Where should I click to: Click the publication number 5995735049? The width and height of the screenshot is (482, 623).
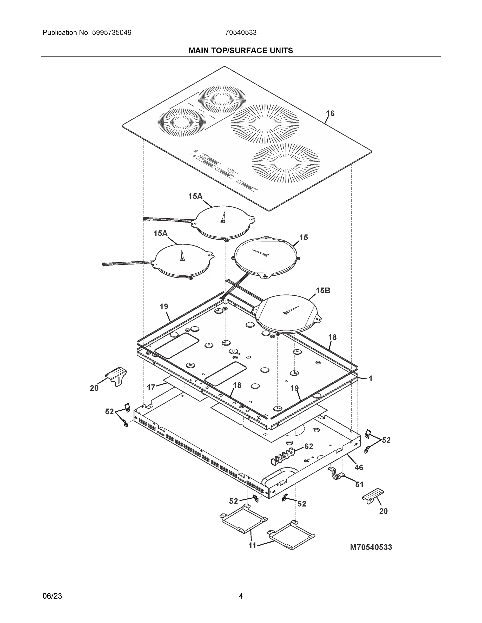(x=111, y=33)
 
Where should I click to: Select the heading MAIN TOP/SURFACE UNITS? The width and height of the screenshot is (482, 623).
(x=241, y=51)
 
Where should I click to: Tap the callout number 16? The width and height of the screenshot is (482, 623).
(x=330, y=113)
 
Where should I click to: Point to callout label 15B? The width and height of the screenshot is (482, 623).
(x=323, y=290)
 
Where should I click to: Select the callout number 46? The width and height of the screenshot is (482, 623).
(x=359, y=468)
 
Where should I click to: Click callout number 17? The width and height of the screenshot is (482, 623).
(x=151, y=387)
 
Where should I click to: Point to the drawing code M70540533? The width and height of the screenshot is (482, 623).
(x=371, y=547)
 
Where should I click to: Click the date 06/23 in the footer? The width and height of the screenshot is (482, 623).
(x=52, y=596)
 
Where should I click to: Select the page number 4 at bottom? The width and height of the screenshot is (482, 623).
(x=241, y=596)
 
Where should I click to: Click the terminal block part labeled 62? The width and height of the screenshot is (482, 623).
(x=282, y=456)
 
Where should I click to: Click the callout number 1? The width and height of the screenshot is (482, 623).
(x=370, y=378)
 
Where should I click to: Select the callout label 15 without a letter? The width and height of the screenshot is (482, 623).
(x=303, y=237)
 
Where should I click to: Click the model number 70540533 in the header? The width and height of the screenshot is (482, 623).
(x=241, y=33)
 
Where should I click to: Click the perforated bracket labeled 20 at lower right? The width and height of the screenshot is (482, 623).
(x=373, y=496)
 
